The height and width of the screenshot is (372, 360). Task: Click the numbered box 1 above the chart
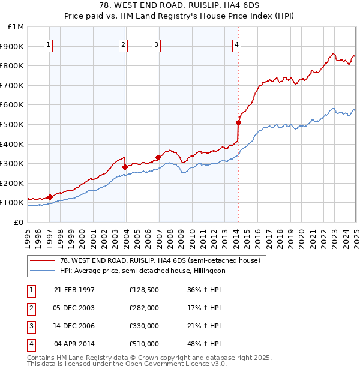48,44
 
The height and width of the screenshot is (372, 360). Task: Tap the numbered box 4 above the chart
237,44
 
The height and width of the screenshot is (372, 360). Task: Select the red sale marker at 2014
238,122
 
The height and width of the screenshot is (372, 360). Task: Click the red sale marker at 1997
50,196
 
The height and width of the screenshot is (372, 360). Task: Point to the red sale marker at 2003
125,167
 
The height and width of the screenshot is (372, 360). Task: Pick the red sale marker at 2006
158,157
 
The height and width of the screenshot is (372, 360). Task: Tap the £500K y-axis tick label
13,124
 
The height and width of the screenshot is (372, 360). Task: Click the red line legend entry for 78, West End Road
160,260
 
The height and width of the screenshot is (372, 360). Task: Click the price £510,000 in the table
144,344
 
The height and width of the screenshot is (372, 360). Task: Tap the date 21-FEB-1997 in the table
74,290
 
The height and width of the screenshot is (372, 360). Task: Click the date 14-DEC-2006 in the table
74,326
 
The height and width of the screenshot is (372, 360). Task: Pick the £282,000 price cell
144,308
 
